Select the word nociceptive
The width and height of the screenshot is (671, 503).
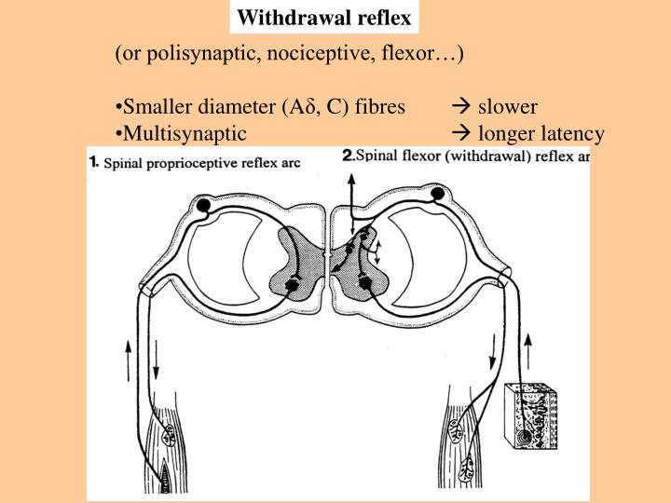point(322,53)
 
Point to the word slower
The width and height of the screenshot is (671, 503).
point(509,107)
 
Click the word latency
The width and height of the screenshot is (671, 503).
point(572,133)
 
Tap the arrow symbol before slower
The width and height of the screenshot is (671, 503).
point(460,107)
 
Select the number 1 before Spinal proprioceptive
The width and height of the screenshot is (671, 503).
point(93,161)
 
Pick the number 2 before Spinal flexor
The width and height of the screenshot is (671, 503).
point(348,156)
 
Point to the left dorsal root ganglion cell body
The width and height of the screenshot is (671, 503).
point(203,204)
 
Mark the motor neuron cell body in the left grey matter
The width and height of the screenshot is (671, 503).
point(294,284)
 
